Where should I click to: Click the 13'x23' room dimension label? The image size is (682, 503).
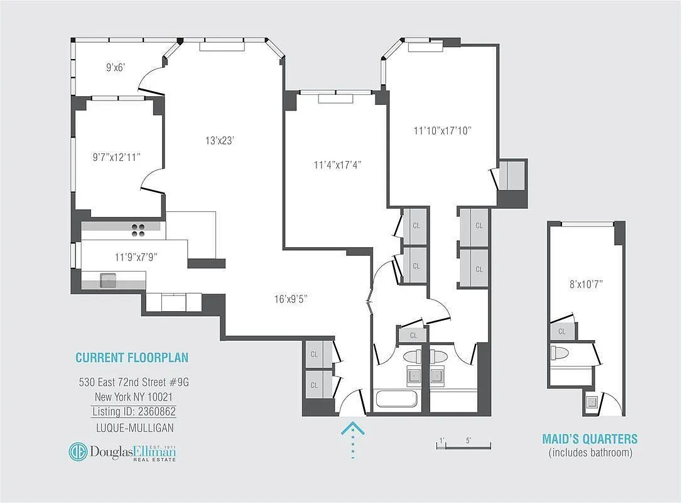point(219,141)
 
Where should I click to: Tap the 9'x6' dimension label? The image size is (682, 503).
point(116,67)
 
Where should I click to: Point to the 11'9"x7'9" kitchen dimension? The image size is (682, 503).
point(136,257)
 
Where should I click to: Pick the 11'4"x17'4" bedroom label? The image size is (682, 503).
point(338,165)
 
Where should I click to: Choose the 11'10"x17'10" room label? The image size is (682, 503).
point(442,131)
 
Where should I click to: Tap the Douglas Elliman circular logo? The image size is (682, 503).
point(78,452)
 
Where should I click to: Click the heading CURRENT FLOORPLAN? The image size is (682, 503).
point(132,358)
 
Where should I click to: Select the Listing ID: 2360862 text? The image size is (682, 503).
point(134,412)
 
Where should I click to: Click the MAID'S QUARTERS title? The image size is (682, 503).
point(590,439)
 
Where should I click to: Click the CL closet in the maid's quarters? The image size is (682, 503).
point(562,331)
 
